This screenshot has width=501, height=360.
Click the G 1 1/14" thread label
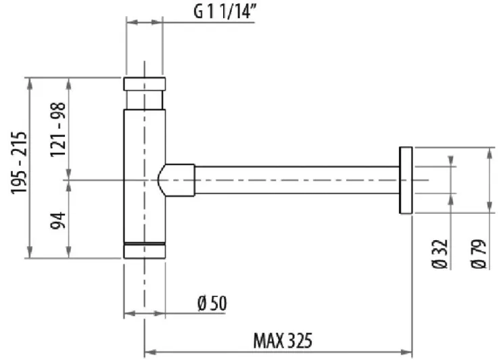[x=226, y=12]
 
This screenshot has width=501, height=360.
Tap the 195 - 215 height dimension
[x=18, y=162]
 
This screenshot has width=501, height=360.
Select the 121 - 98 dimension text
[x=58, y=129]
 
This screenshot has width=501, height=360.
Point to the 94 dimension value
[x=58, y=221]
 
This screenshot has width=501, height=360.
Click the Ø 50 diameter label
[x=212, y=303]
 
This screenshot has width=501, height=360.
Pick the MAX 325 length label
[x=283, y=341]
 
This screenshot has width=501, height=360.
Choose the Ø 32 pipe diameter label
[x=440, y=254]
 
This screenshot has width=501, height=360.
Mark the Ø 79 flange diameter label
[x=478, y=254]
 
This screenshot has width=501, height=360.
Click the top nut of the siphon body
[x=145, y=84]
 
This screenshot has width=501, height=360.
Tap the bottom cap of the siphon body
[x=145, y=250]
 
